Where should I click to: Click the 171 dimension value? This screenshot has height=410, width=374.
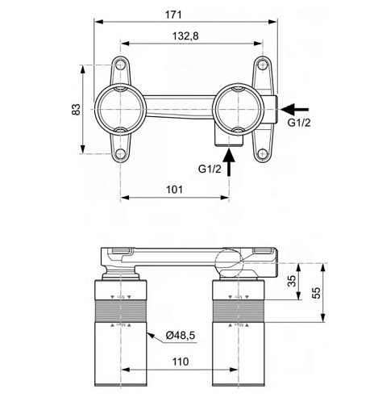(173, 15)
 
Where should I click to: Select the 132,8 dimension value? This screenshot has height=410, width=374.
(185, 36)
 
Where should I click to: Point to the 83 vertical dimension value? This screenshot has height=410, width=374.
(76, 110)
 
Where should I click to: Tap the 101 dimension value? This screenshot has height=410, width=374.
(174, 190)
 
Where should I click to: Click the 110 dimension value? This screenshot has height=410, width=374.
(181, 362)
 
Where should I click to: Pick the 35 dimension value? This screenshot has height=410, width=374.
(292, 281)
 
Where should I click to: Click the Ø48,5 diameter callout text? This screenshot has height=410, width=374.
(181, 336)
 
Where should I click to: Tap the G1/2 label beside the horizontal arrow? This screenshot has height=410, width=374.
(299, 123)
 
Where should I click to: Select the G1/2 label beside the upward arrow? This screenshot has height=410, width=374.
(210, 169)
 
